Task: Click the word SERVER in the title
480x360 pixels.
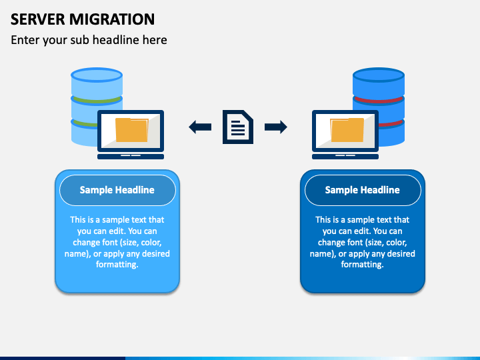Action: [38, 19]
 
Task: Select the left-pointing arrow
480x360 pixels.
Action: [200, 127]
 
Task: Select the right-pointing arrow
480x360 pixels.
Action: [276, 127]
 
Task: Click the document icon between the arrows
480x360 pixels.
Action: [238, 127]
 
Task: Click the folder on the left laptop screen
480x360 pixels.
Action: [131, 130]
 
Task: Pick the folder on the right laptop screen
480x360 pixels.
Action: [347, 130]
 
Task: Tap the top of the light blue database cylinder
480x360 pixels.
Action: [97, 75]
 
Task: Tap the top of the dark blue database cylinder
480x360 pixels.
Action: [379, 75]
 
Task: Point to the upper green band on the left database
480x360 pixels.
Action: [97, 101]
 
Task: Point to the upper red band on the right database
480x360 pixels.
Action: [379, 101]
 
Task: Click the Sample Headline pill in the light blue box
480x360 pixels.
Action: [117, 190]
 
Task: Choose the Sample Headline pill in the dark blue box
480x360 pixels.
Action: [363, 190]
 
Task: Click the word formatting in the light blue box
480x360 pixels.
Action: [117, 265]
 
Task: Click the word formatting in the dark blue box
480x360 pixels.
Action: [363, 265]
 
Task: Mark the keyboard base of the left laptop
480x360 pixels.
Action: [131, 157]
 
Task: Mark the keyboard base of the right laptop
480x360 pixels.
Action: [345, 157]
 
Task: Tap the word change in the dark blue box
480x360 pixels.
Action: [332, 243]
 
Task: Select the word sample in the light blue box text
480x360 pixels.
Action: [113, 220]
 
